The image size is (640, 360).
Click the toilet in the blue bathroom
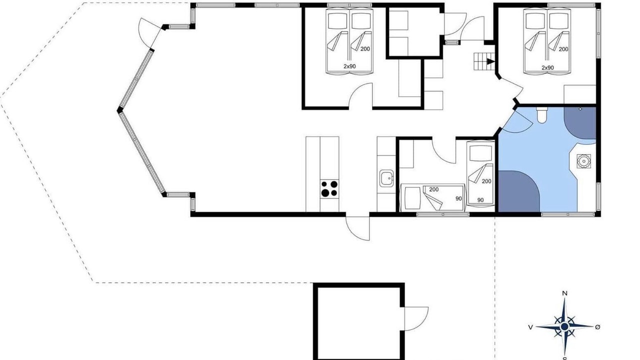pyautogui.click(x=541, y=115)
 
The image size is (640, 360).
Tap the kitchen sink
pyautogui.click(x=386, y=178)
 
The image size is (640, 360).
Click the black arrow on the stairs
pyautogui.click(x=490, y=61)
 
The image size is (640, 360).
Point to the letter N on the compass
pyautogui.click(x=564, y=293)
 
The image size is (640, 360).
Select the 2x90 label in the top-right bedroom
pyautogui.click(x=547, y=67)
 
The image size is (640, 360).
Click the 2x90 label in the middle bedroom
pyautogui.click(x=349, y=66)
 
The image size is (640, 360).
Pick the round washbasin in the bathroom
pyautogui.click(x=583, y=161)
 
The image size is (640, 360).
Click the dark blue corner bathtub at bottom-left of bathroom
pyautogui.click(x=519, y=191)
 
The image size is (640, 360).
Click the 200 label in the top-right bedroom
pyautogui.click(x=563, y=49)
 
